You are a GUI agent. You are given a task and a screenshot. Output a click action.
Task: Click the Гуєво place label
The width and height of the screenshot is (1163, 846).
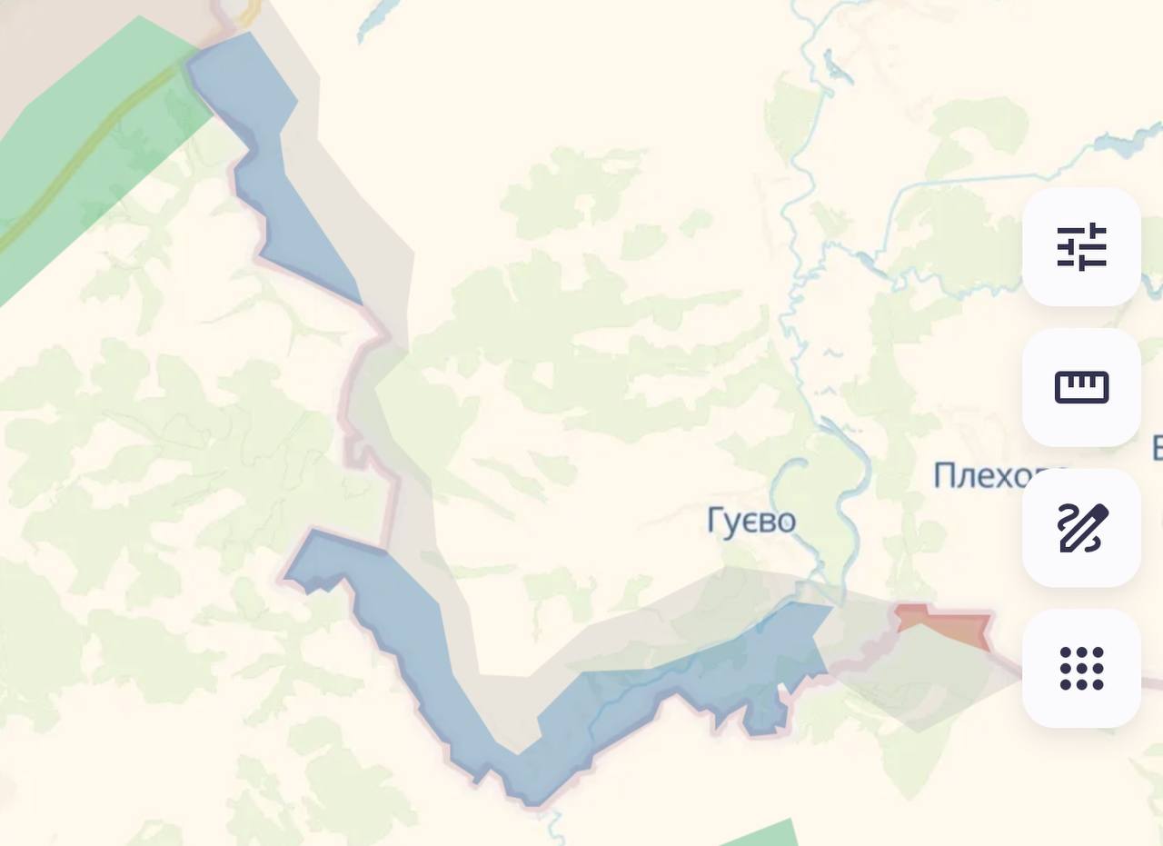click(751, 522)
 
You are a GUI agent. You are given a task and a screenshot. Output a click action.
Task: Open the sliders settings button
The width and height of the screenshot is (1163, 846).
click(1081, 246)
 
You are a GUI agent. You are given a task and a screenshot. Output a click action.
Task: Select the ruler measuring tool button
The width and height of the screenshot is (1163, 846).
click(1081, 387)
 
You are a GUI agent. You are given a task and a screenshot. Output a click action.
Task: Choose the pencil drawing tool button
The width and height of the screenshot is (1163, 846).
click(1081, 528)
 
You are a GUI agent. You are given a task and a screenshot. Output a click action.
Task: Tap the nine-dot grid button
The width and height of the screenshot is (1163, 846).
click(1081, 669)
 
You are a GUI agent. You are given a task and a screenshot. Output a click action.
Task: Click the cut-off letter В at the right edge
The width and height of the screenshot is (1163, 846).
click(1158, 449)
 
